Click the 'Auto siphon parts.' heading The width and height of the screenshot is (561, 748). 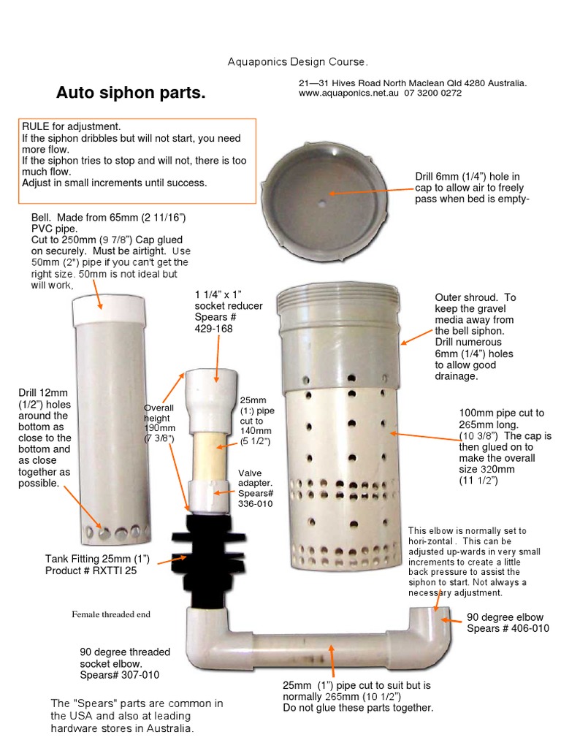point(131,93)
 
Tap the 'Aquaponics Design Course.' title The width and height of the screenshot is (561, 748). point(298,61)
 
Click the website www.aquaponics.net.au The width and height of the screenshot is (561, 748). point(348,93)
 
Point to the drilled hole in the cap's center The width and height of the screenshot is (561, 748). point(322,204)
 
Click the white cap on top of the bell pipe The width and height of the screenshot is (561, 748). point(109,310)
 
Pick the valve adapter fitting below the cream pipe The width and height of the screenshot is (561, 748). point(210,497)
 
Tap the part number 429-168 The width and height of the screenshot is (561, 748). point(214,329)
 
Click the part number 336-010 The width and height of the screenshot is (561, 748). point(255,504)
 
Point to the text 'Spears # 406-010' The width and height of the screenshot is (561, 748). point(508,628)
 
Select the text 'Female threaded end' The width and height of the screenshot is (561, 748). point(111,614)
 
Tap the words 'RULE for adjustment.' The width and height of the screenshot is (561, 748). point(72,126)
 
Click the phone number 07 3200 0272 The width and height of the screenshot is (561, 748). point(432,93)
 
